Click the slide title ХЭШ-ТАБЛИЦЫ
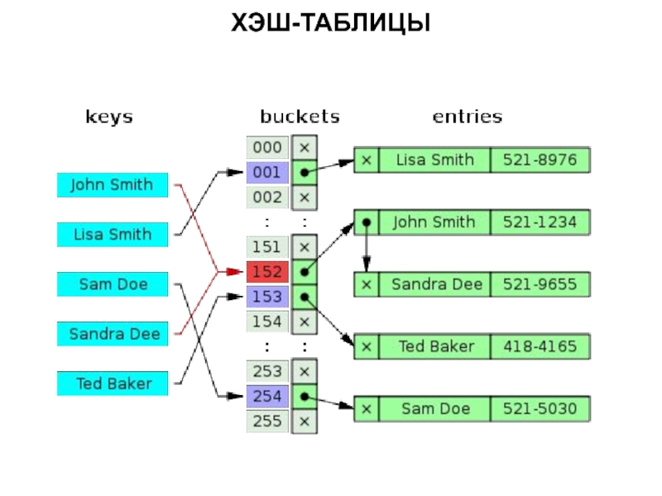(331, 23)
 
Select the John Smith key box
(112, 184)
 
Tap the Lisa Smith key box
(112, 235)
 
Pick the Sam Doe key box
(112, 284)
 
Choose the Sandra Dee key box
(112, 334)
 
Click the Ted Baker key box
(112, 384)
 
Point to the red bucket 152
(267, 272)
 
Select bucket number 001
(267, 173)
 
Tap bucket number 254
(267, 397)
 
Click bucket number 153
(267, 297)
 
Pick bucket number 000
(267, 148)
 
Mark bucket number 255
(267, 422)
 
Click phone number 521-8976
(540, 160)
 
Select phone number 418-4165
(540, 346)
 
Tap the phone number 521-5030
(540, 408)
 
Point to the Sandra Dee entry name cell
(434, 284)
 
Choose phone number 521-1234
(540, 222)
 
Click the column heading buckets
(300, 117)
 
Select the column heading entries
(467, 117)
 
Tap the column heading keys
(109, 117)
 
